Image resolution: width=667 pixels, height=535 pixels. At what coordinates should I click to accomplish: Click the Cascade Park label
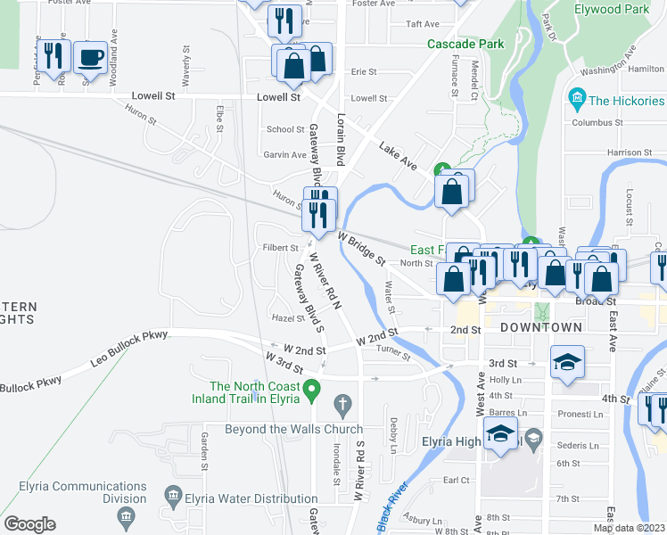(x=465, y=44)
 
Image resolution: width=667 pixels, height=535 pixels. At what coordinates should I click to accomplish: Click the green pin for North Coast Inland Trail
(x=311, y=389)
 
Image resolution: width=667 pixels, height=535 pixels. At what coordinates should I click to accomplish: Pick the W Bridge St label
(x=360, y=249)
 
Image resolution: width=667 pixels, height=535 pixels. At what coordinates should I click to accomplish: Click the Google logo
(x=29, y=524)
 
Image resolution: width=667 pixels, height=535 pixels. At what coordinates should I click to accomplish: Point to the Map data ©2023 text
(x=629, y=528)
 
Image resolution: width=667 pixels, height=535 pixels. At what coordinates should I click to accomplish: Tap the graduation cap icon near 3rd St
(x=567, y=362)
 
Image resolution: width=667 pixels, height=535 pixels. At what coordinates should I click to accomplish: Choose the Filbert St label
(x=280, y=248)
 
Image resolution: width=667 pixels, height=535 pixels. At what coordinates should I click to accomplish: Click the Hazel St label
(x=288, y=318)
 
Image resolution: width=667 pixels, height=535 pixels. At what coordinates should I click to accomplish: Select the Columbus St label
(x=597, y=122)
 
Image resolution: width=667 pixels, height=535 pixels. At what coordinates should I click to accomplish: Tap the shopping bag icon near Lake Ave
(x=451, y=191)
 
